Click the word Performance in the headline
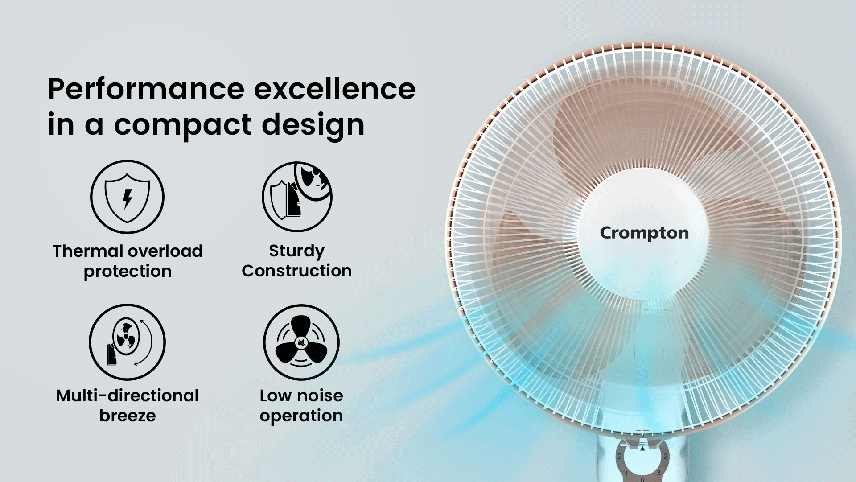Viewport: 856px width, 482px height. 146,89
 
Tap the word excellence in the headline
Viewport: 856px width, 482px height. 335,89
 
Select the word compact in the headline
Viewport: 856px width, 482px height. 182,125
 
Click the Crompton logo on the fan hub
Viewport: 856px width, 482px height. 644,233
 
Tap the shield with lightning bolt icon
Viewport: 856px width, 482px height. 128,197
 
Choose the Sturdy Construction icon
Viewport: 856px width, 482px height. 297,197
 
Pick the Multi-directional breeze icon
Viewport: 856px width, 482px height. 128,342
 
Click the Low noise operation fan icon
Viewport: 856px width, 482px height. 301,342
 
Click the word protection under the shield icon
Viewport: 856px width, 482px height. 128,272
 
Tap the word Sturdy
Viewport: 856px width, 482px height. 297,251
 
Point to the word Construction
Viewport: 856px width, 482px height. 297,271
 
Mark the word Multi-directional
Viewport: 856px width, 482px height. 128,395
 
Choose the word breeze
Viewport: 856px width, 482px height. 128,416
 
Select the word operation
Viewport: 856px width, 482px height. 301,416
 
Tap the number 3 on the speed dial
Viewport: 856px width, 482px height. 658,473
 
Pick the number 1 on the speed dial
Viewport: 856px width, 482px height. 626,473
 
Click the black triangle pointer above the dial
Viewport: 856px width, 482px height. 642,449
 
